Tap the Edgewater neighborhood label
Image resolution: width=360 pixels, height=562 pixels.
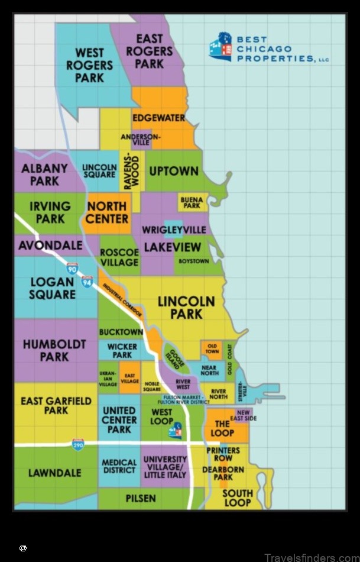(158, 118)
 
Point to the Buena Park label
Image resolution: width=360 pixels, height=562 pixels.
(192, 203)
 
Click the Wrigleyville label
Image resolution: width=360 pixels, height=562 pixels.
(174, 230)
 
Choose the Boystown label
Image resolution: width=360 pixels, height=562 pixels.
(193, 261)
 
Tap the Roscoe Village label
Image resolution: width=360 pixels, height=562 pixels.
(119, 257)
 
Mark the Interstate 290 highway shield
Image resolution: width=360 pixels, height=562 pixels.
(79, 444)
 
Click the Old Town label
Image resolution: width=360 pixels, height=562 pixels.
(212, 348)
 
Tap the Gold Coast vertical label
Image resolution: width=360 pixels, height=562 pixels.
(230, 360)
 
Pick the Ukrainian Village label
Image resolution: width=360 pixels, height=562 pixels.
(108, 378)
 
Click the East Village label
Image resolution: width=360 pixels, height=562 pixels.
(130, 379)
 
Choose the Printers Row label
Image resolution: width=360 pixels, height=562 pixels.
(223, 454)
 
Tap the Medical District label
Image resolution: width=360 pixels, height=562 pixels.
(119, 466)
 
